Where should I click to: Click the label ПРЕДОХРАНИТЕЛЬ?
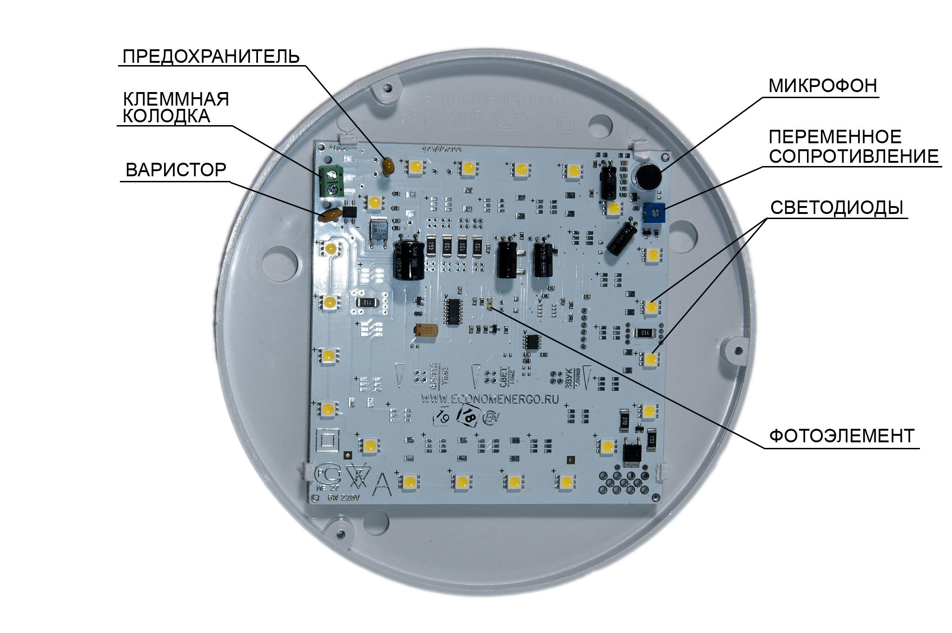click(211, 56)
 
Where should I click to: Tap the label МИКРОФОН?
click(822, 86)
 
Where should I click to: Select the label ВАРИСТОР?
click(176, 170)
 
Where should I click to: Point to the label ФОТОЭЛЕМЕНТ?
click(841, 436)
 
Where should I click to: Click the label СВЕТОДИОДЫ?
click(837, 207)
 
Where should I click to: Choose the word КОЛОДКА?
click(166, 116)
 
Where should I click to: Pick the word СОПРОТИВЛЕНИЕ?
click(853, 156)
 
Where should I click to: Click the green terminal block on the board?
click(332, 181)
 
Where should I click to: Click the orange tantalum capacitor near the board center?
click(427, 331)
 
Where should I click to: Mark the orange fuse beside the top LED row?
click(388, 166)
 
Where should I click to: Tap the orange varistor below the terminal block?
click(331, 214)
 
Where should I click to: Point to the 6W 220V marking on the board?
click(344, 498)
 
